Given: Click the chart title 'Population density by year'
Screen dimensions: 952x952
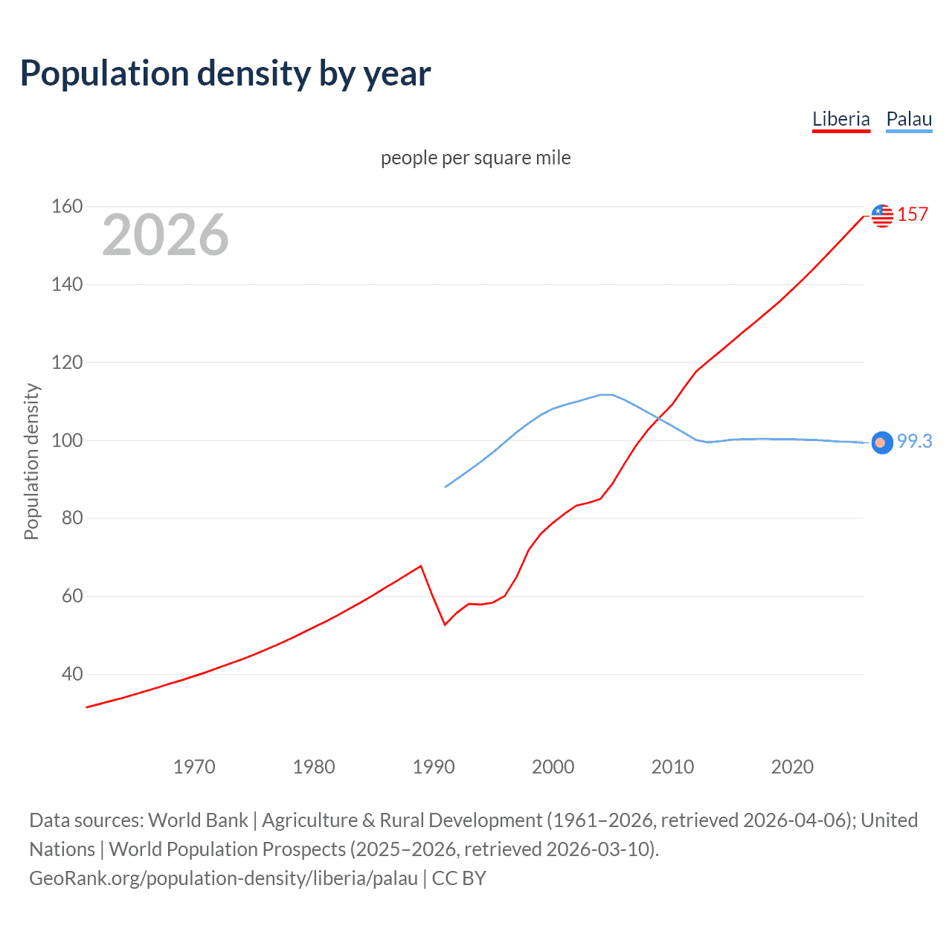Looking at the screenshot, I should tap(225, 74).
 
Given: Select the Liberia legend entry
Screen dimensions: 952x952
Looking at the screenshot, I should tap(840, 119).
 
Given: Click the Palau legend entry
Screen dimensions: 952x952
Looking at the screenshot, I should tap(909, 119).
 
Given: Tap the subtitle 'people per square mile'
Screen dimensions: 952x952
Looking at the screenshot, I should tap(475, 158).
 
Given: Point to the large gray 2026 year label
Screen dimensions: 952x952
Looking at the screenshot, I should tap(165, 235).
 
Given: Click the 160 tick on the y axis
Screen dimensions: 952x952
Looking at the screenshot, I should tap(67, 206).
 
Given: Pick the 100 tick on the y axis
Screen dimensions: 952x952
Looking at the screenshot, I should tap(67, 440).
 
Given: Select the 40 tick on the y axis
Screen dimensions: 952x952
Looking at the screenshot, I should tap(72, 674).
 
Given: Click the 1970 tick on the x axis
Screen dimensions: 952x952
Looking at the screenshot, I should tap(194, 767).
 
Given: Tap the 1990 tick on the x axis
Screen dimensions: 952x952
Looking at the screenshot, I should tap(434, 767).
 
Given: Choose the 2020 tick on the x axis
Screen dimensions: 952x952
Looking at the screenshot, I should tap(792, 767).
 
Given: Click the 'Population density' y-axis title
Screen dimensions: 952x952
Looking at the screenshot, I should tap(31, 461).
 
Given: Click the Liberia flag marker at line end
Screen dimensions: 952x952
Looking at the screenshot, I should tap(882, 216).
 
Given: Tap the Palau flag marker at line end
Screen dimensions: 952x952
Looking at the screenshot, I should tap(882, 443).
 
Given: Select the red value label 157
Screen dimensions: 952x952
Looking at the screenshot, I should tap(913, 215).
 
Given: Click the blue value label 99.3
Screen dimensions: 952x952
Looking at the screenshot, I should tap(914, 441).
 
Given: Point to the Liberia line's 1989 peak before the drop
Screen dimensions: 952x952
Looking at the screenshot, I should tap(421, 566).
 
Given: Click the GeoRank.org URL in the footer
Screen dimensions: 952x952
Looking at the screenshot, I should tap(223, 878).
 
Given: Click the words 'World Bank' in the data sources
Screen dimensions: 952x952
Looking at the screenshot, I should tap(198, 820).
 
